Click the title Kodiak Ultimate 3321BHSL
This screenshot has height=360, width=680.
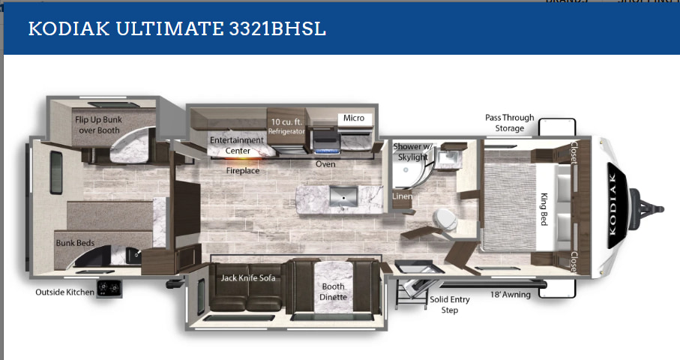coord(177,29)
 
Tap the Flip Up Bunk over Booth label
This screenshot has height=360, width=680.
coord(98,125)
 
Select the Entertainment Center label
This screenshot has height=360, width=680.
coord(237,145)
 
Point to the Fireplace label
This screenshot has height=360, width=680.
coord(243,171)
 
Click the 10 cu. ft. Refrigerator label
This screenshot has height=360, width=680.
coord(286,126)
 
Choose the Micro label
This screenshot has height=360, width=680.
coord(354,118)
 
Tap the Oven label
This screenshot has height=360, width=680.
coord(325,164)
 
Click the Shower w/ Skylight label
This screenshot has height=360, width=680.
coord(412,151)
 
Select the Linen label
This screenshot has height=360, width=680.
coord(402,196)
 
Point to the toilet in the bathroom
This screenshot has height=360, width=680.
coord(445,219)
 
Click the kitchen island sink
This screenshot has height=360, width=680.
coord(343,197)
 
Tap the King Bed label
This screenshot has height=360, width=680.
coord(544,209)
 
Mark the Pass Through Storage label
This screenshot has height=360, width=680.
coord(510,123)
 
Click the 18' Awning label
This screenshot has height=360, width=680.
coord(511,295)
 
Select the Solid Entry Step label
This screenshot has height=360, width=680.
coord(450,304)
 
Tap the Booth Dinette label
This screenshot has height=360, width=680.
coord(333,292)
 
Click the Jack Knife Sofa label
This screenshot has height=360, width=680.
coord(248,278)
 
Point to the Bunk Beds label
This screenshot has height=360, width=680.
coord(75,243)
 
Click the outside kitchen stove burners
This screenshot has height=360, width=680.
coord(109,289)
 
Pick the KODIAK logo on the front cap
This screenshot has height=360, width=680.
coord(613,204)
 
